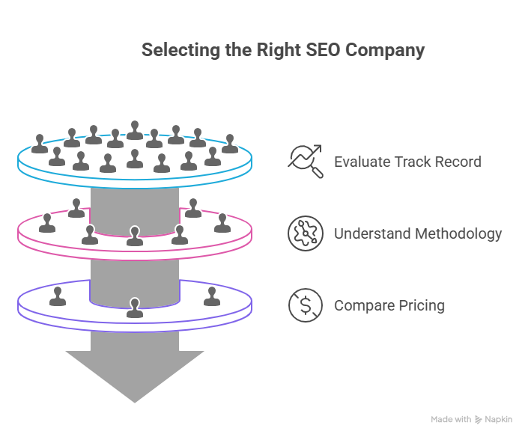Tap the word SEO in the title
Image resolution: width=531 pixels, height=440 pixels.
pos(321,50)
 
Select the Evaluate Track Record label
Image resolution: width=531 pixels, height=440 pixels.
pos(407,162)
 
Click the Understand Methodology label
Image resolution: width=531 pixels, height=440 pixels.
pos(418,233)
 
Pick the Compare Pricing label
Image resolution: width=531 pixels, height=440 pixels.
pos(389,305)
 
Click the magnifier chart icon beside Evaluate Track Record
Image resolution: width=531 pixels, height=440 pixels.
pos(306,162)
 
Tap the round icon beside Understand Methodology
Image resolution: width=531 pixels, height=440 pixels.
pos(306,233)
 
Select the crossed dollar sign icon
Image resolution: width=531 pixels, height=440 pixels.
pos(306,305)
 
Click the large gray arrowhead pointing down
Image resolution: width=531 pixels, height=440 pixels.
pos(135,374)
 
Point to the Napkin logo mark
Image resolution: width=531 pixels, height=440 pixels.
pos(479,420)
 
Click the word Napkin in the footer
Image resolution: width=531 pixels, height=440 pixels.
pos(499,420)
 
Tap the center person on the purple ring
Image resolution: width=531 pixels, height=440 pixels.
pos(135,308)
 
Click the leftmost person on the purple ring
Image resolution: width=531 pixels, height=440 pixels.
pos(57,296)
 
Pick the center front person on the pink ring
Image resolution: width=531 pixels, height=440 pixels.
pos(134,236)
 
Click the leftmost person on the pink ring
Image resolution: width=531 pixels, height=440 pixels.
pos(48,223)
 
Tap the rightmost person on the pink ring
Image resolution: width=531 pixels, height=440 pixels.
pos(222,223)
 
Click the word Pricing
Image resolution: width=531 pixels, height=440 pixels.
pos(420,305)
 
